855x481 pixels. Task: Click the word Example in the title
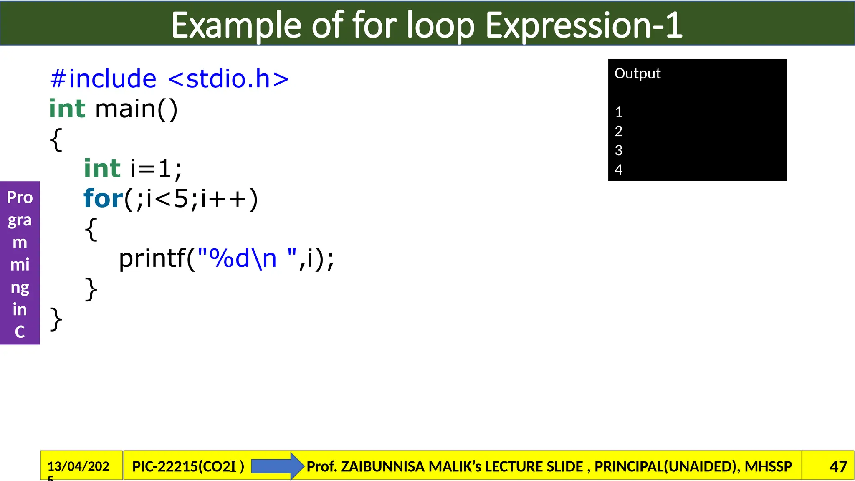[236, 26]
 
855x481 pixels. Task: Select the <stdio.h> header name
[228, 79]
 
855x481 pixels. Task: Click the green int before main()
[67, 109]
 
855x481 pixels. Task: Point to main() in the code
[137, 109]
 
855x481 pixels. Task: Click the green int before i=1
[102, 169]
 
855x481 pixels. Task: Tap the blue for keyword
[103, 199]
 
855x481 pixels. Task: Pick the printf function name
[152, 259]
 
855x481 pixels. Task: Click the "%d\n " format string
[247, 259]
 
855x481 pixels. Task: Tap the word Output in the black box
[637, 74]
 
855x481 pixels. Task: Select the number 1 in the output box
[619, 112]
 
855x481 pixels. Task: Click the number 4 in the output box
[619, 170]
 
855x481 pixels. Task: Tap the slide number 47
[838, 466]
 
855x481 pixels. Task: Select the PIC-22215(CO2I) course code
[188, 466]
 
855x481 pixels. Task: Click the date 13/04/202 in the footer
[78, 466]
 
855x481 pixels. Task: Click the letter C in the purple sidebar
[20, 332]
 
